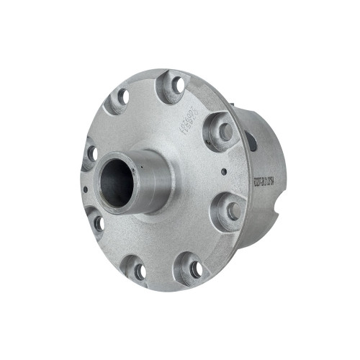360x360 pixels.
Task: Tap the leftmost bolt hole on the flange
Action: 91,153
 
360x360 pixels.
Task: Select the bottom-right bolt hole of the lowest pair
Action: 196,269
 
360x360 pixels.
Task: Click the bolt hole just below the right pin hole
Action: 233,211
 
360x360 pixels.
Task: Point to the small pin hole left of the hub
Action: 86,190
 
